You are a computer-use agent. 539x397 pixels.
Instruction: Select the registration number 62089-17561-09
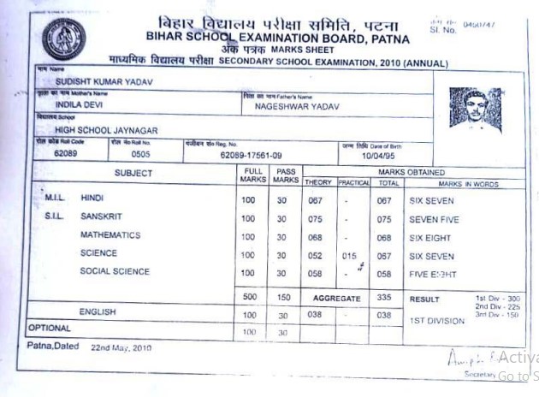pos(251,155)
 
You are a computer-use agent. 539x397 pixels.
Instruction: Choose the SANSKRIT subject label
pos(104,217)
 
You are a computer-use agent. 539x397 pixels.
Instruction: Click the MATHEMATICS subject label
pos(110,235)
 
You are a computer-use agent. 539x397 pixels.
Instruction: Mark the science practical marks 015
pos(348,255)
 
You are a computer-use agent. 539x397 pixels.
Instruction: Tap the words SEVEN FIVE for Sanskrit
pos(435,219)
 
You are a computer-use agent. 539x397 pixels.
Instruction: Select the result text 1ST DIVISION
pos(437,321)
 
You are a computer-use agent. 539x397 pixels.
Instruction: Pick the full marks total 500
pos(248,297)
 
